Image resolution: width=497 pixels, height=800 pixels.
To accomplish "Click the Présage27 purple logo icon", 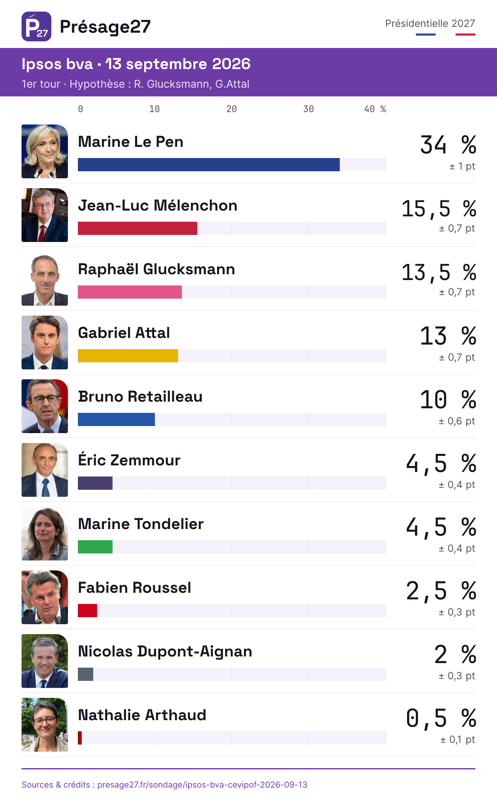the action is pyautogui.click(x=36, y=26).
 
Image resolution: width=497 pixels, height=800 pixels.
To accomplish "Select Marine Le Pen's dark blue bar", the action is pyautogui.click(x=209, y=165).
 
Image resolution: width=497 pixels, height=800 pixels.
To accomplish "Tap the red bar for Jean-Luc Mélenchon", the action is pyautogui.click(x=138, y=228).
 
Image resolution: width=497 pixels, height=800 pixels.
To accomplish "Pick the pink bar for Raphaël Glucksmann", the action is pyautogui.click(x=130, y=292).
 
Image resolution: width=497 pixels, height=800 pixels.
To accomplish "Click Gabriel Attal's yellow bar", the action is pyautogui.click(x=128, y=356).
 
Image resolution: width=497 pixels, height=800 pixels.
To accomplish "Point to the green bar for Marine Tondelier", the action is pyautogui.click(x=95, y=547).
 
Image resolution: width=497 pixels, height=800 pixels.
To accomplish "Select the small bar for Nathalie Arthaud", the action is pyautogui.click(x=80, y=738).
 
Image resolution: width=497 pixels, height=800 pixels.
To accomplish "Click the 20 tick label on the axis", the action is pyautogui.click(x=232, y=109).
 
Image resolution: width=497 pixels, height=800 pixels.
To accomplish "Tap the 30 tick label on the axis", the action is pyautogui.click(x=309, y=109).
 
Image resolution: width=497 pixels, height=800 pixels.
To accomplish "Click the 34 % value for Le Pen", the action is pyautogui.click(x=448, y=145).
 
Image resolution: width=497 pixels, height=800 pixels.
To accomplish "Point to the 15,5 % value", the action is pyautogui.click(x=439, y=208).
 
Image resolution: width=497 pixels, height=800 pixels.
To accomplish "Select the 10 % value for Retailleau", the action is pyautogui.click(x=448, y=400).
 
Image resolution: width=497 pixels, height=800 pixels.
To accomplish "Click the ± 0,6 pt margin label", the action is pyautogui.click(x=457, y=421).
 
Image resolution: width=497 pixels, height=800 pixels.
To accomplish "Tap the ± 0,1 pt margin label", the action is pyautogui.click(x=458, y=740).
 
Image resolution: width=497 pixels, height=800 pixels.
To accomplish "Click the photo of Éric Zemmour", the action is pyautogui.click(x=45, y=470).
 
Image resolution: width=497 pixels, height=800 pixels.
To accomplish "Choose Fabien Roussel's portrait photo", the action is pyautogui.click(x=45, y=597).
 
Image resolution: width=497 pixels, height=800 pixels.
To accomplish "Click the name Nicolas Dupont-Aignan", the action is pyautogui.click(x=165, y=651).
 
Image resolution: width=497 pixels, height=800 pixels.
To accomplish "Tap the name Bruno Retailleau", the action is pyautogui.click(x=140, y=396).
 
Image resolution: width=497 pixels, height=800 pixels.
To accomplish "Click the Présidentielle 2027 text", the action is pyautogui.click(x=430, y=24).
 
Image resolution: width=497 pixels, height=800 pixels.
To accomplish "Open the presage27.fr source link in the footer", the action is pyautogui.click(x=202, y=785).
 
